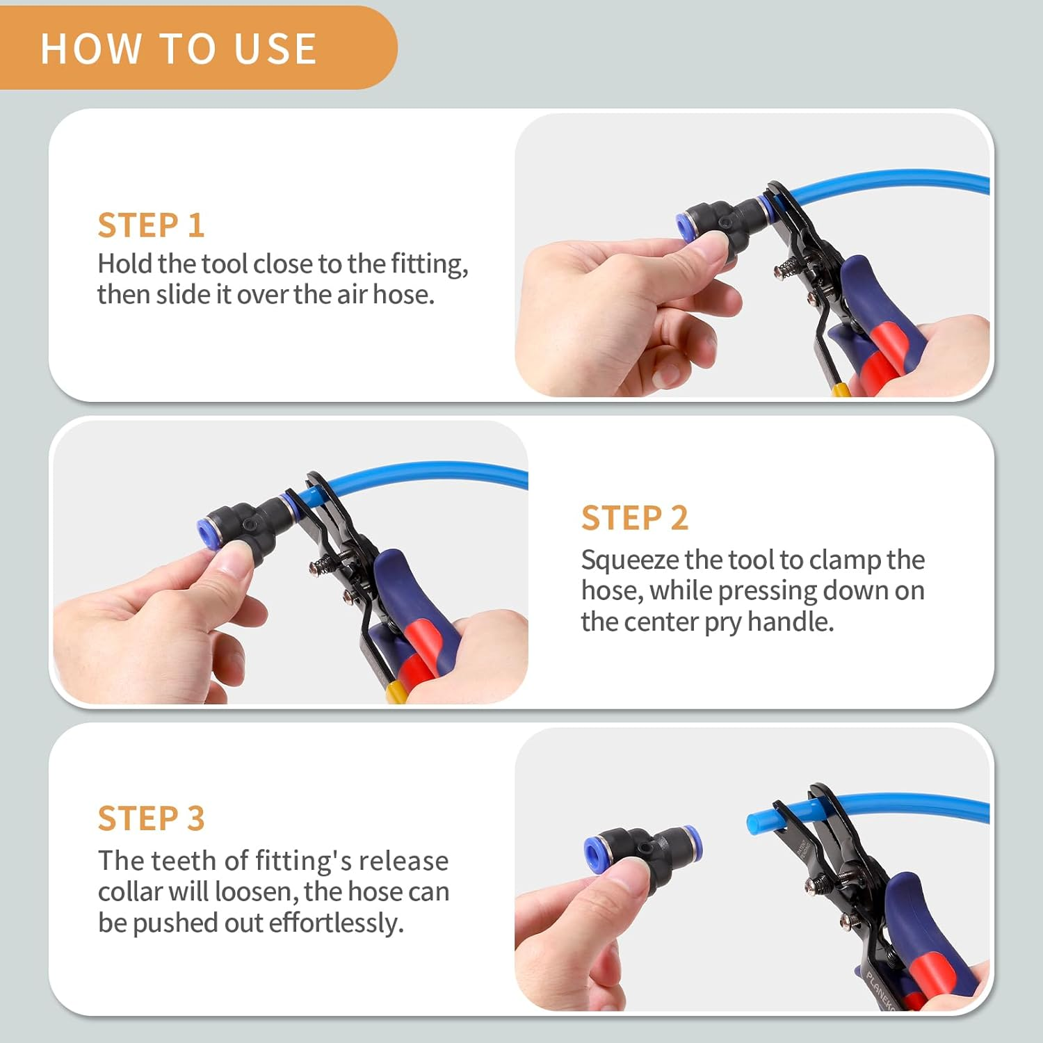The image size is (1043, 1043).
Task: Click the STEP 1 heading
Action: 151,225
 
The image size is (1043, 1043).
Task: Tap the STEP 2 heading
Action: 634,518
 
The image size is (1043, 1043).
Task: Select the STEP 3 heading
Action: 151,818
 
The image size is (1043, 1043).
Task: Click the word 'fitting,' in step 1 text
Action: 429,264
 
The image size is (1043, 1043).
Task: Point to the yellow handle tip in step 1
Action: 841,389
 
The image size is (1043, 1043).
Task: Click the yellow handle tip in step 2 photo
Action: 396,692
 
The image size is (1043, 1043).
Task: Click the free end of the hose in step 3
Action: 754,823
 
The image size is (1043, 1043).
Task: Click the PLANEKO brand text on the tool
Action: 880,987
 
